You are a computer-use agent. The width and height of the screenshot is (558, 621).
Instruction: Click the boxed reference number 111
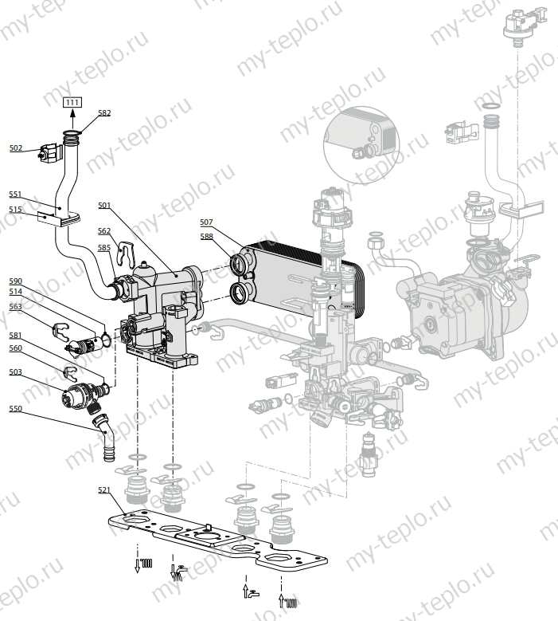[x=72, y=102]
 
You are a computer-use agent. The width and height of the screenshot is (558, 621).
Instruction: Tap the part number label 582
[x=104, y=113]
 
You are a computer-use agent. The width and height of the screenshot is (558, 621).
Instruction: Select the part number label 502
[x=16, y=147]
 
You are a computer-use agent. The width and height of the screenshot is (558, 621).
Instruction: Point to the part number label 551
[x=16, y=194]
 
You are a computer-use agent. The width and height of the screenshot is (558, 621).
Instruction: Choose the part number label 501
[x=104, y=206]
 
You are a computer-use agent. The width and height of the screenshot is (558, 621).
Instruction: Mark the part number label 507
[x=206, y=222]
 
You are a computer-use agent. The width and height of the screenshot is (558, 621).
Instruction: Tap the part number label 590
[x=16, y=281]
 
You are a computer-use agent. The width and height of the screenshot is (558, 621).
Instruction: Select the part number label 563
[x=16, y=306]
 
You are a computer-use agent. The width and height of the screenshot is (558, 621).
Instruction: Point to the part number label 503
[x=16, y=372]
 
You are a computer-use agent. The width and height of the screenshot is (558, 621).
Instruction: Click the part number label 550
[x=16, y=408]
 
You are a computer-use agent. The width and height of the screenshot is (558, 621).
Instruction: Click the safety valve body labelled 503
[x=80, y=394]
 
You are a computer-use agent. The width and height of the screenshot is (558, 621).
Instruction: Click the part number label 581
[x=16, y=335]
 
